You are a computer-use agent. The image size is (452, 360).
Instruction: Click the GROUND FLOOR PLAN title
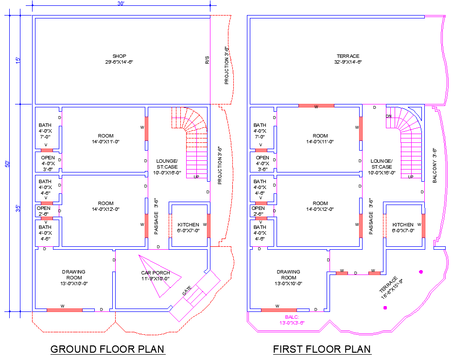pyautogui.click(x=107, y=349)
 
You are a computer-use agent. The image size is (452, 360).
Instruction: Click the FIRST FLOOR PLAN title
pyautogui.click(x=322, y=349)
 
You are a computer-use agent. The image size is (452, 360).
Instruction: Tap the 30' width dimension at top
pyautogui.click(x=121, y=4)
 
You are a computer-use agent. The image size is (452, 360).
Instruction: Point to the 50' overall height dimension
pyautogui.click(x=7, y=164)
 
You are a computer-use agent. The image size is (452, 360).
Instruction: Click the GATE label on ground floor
pyautogui.click(x=187, y=291)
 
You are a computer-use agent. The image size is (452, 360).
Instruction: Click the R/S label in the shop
pyautogui.click(x=207, y=61)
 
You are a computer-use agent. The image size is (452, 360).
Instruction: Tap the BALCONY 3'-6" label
pyautogui.click(x=435, y=165)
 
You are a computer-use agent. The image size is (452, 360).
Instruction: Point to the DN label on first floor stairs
pyautogui.click(x=388, y=116)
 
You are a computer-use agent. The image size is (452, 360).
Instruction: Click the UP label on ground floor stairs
pyautogui.click(x=196, y=177)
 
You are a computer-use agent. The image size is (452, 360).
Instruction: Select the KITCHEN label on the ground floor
pyautogui.click(x=188, y=227)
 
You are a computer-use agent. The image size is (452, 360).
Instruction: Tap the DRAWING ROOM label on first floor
pyautogui.click(x=288, y=277)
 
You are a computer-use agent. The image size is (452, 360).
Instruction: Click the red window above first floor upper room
pyautogui.click(x=316, y=105)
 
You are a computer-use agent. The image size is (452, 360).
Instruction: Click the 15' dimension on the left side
pyautogui.click(x=18, y=60)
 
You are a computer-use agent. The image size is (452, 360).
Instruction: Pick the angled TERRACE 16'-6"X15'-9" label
pyautogui.click(x=392, y=286)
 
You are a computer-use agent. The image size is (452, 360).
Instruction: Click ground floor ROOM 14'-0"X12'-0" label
pyautogui.click(x=105, y=206)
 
